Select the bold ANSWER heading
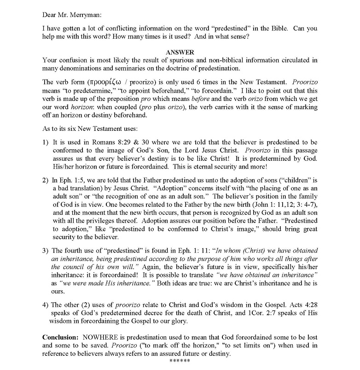coord(180,53)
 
